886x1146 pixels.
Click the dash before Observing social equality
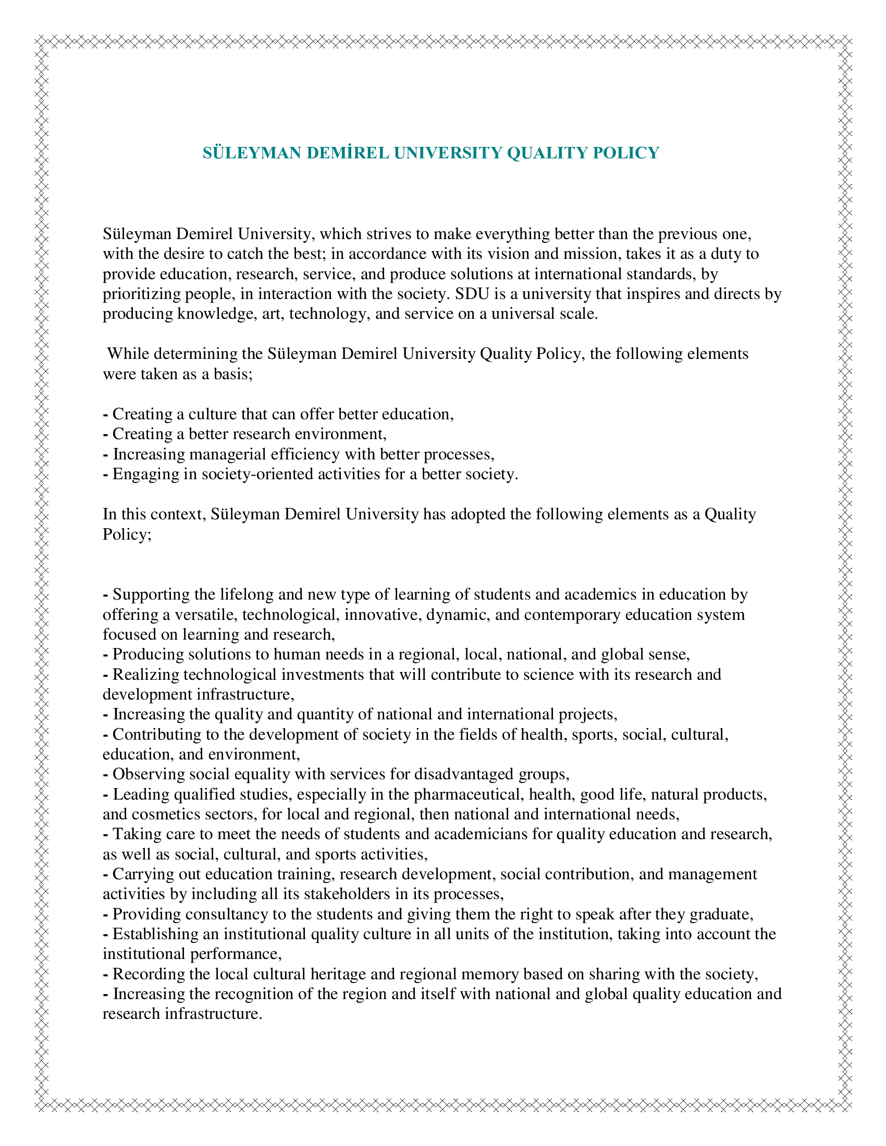click(105, 775)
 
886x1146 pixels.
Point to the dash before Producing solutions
click(105, 655)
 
